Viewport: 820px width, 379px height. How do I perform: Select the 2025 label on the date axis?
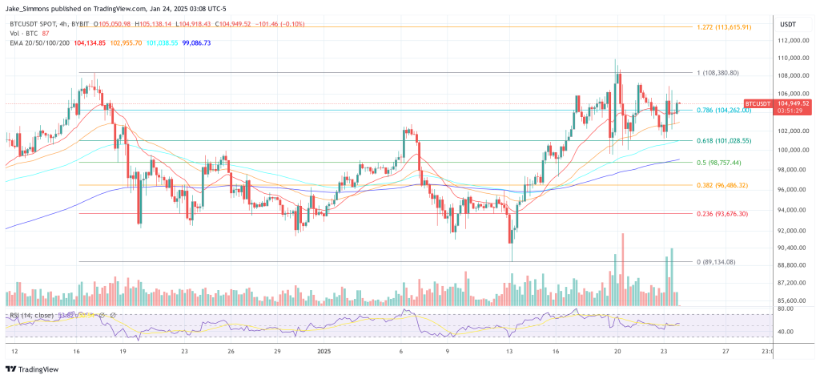[325, 350]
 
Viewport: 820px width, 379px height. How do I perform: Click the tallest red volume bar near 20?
[621, 264]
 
